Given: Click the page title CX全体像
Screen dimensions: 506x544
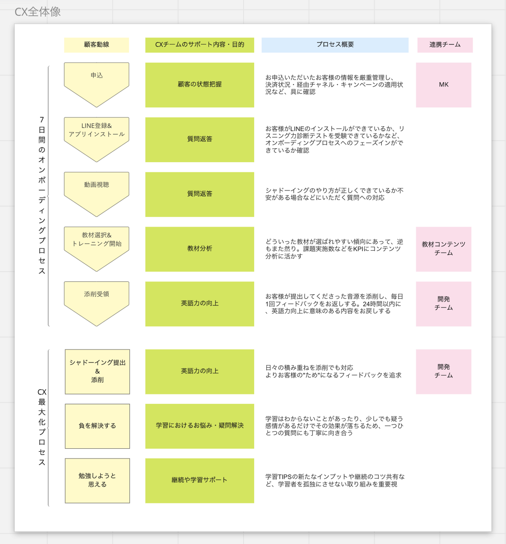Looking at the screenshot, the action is (38, 12).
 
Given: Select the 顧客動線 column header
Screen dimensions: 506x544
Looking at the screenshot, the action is (96, 45).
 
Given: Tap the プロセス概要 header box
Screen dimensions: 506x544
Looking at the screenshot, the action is (335, 45).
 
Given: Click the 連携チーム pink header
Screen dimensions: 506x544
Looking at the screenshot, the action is (445, 45).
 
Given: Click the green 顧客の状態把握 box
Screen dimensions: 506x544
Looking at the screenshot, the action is (200, 85).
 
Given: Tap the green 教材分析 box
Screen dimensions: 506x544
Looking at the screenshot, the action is (200, 249).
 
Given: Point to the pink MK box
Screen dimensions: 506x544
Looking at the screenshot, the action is (443, 85).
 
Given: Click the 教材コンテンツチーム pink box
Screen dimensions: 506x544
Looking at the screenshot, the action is (443, 249).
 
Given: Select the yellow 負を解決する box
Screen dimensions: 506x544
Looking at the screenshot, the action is (97, 426).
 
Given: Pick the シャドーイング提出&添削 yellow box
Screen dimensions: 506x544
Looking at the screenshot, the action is (97, 372).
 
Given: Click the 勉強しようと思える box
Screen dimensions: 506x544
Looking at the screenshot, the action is (97, 481).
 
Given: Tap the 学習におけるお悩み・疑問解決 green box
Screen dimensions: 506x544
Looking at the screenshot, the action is (200, 426).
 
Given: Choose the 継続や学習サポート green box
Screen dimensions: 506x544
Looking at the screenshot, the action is (200, 481).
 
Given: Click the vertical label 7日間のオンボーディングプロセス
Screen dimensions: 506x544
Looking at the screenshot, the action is (42, 196).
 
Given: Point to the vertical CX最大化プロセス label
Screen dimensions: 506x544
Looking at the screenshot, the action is (42, 427).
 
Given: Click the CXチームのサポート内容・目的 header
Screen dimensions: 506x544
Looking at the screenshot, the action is (200, 45).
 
